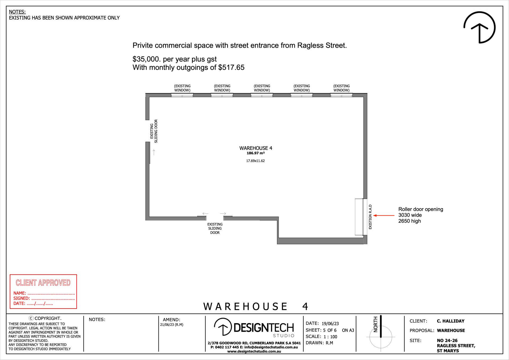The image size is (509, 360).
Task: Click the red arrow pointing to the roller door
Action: tap(384, 216)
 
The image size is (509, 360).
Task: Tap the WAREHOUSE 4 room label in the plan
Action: tap(256, 148)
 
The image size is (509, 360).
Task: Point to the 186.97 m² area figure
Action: tap(256, 153)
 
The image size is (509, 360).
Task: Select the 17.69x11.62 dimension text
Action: tap(255, 161)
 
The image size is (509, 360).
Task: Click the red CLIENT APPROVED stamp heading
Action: tap(43, 283)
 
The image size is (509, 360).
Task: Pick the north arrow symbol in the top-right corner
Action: tap(479, 27)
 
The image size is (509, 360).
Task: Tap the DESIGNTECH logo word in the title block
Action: tap(264, 328)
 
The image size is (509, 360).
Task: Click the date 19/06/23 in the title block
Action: tap(330, 324)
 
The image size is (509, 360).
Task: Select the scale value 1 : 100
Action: tap(330, 337)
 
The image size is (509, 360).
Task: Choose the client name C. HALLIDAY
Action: tap(451, 321)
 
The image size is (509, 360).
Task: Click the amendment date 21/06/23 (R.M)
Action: tap(172, 325)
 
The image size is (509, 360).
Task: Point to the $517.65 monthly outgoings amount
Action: tap(231, 67)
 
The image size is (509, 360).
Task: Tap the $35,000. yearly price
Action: tap(147, 59)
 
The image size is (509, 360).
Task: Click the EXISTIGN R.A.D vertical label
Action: tap(370, 217)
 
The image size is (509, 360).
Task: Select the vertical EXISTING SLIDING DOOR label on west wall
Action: tap(154, 131)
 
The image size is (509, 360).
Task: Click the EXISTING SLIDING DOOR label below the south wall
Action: tap(215, 229)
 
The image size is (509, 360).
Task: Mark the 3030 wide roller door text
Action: tap(410, 215)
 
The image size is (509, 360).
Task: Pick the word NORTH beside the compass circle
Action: tap(375, 324)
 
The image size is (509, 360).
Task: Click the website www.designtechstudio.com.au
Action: tap(254, 352)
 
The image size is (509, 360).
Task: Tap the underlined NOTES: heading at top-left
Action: tap(17, 12)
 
